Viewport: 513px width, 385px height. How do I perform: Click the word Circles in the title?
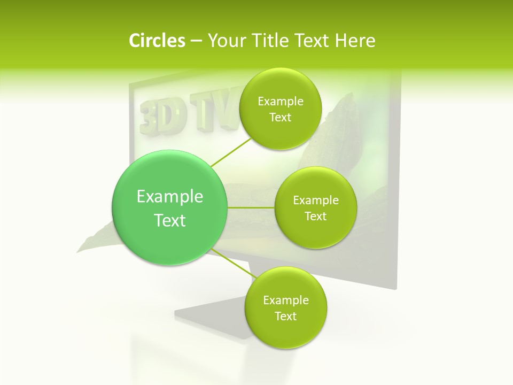click(x=157, y=40)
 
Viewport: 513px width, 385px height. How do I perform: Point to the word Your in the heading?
click(x=226, y=40)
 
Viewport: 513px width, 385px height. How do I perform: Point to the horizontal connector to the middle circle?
click(x=251, y=207)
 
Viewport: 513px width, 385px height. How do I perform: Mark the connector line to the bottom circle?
click(x=232, y=263)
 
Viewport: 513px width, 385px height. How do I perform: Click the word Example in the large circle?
click(x=169, y=197)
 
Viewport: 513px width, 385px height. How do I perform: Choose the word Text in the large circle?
click(x=169, y=220)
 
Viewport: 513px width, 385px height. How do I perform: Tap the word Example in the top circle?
click(x=281, y=102)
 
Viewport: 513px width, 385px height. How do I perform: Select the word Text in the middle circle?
click(x=316, y=216)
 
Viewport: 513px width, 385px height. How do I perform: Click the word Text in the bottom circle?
click(x=285, y=316)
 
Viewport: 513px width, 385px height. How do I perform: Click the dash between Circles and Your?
click(x=196, y=41)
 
